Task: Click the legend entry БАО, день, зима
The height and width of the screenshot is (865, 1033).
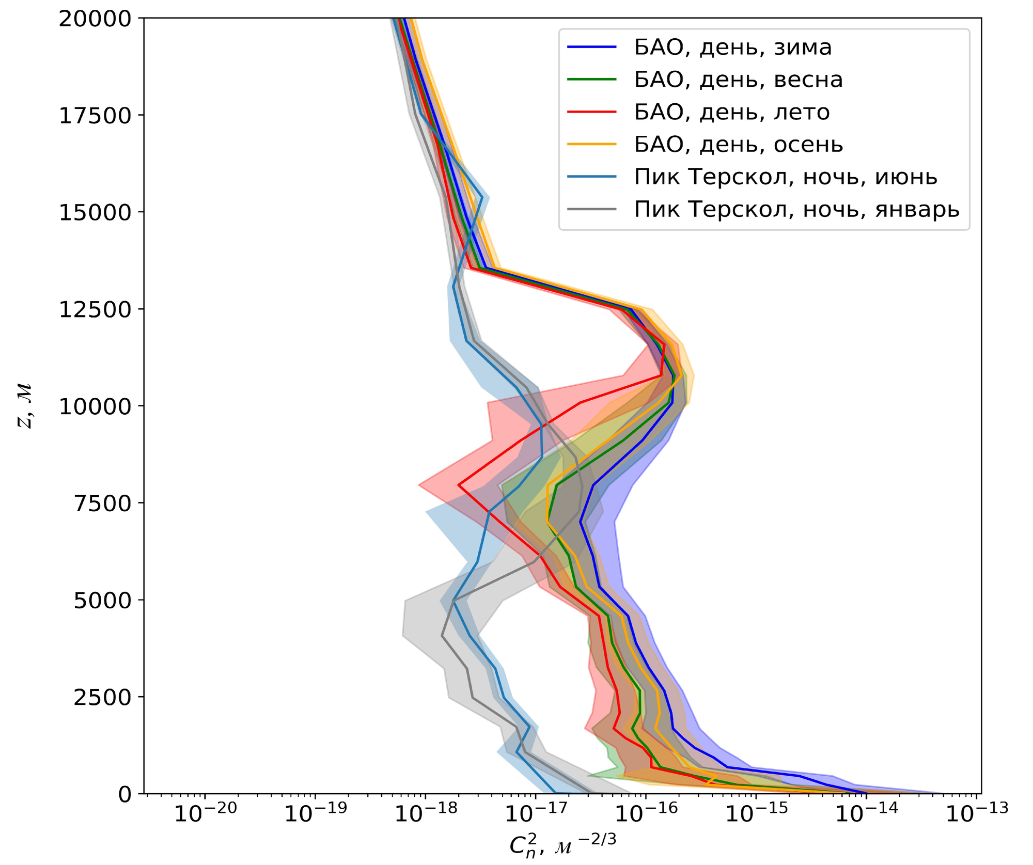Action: coord(733,48)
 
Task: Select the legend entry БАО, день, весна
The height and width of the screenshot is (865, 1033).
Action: coord(738,80)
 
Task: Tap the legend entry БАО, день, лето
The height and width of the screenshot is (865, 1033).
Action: coord(732,112)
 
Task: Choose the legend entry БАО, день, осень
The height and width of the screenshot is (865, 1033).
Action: coord(739,145)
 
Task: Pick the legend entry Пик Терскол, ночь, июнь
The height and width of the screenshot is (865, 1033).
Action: coord(786,177)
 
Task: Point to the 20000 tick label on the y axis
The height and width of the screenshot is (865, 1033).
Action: coord(95,19)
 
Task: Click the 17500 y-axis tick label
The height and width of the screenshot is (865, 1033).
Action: coord(95,116)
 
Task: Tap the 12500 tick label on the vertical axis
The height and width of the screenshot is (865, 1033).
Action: coord(95,310)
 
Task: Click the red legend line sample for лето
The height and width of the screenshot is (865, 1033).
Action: coord(592,112)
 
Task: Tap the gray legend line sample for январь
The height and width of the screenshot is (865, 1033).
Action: coord(592,210)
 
